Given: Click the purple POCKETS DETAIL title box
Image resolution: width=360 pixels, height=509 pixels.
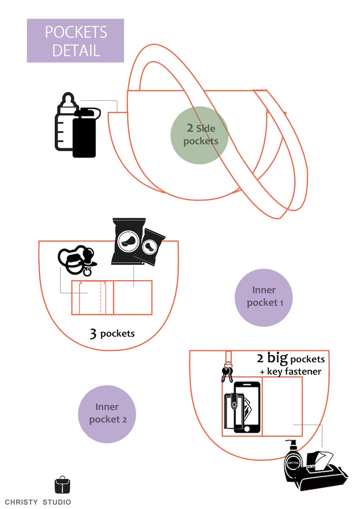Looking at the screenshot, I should click(75, 40).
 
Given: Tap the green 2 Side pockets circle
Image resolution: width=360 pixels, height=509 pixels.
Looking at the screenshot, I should click(199, 135).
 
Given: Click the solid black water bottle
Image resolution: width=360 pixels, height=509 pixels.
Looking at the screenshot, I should click(85, 134).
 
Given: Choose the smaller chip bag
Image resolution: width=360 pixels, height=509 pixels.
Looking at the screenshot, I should click(151, 246).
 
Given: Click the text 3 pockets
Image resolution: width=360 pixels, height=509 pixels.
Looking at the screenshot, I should click(112, 334).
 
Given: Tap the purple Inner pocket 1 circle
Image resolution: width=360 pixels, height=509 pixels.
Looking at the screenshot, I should click(263, 297).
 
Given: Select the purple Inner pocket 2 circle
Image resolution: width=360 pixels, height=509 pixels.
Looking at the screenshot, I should click(107, 414).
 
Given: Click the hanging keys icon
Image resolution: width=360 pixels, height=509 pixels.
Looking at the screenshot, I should click(228, 373).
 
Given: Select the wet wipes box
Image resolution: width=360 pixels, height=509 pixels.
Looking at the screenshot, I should click(325, 472).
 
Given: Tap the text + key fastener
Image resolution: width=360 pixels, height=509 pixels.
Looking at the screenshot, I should click(291, 372).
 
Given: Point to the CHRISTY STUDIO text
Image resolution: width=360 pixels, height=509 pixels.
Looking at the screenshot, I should click(38, 502).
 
